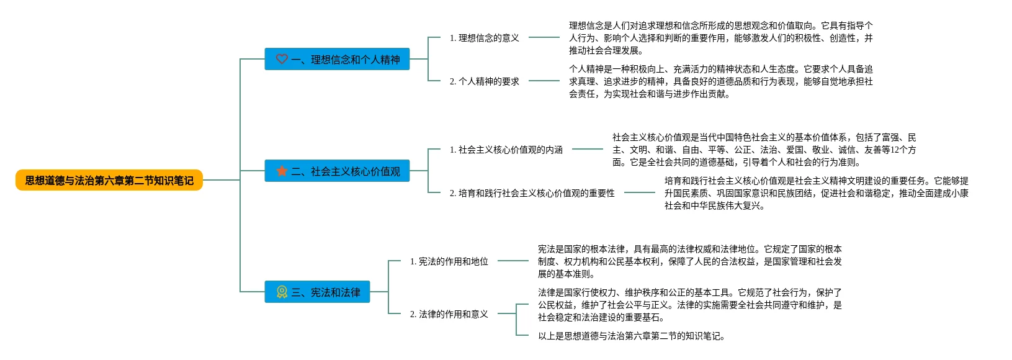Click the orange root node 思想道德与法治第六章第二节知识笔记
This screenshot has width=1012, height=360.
pyautogui.click(x=109, y=180)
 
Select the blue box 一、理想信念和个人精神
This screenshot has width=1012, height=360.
pyautogui.click(x=337, y=59)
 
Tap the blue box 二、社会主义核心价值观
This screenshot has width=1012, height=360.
pyautogui.click(x=337, y=171)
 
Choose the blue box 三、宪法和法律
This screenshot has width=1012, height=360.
pyautogui.click(x=317, y=292)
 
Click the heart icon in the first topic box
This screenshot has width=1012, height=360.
pyautogui.click(x=282, y=59)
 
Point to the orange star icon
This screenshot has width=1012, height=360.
pyautogui.click(x=282, y=171)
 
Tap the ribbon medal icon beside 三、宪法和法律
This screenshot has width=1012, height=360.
pyautogui.click(x=282, y=292)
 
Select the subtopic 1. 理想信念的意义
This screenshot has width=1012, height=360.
pyautogui.click(x=484, y=38)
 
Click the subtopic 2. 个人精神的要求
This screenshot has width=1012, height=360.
pyautogui.click(x=484, y=81)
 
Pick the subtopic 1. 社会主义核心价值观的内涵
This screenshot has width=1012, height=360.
pyautogui.click(x=506, y=150)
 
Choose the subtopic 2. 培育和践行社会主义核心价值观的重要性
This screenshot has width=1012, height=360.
pyautogui.click(x=532, y=193)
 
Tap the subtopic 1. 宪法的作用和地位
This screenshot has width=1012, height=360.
pyautogui.click(x=449, y=261)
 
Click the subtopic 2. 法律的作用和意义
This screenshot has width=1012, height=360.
pyautogui.click(x=449, y=314)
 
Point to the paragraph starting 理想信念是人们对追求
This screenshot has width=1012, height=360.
pyautogui.click(x=720, y=38)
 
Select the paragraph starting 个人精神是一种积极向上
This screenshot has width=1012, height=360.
pyautogui.click(x=720, y=81)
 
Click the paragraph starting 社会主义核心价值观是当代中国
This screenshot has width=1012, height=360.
pyautogui.click(x=764, y=150)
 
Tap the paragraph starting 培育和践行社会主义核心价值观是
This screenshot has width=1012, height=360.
pyautogui.click(x=816, y=193)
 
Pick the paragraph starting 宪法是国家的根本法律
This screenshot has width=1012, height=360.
pyautogui.click(x=689, y=261)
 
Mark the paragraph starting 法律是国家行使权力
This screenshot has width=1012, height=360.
pyautogui.click(x=689, y=305)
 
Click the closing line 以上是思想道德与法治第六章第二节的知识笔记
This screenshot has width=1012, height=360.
pyautogui.click(x=631, y=336)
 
